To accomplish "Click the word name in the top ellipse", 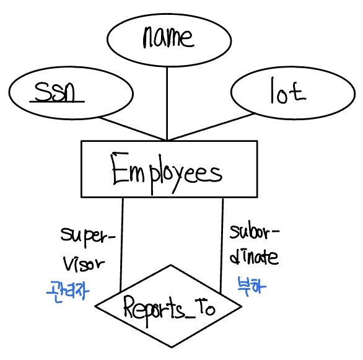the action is [168, 37].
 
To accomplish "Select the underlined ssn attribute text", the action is [55, 92].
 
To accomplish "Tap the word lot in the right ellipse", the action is [289, 91].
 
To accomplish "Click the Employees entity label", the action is [166, 173].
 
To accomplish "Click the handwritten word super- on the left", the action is [88, 235].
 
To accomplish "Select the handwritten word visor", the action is [84, 264].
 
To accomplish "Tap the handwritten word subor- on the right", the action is [255, 232].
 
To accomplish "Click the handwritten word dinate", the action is [254, 257].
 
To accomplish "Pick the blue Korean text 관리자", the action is [68, 291].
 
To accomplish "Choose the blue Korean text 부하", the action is [251, 286].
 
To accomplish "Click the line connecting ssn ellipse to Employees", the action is [132, 129].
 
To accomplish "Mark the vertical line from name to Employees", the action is [167, 103].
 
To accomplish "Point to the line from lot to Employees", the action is [211, 126].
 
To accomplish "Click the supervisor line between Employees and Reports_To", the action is [122, 245].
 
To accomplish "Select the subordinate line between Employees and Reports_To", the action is [222, 246].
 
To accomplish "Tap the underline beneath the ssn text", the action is [57, 102].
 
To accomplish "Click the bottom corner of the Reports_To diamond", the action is [172, 347].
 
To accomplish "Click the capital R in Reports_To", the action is [130, 307].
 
